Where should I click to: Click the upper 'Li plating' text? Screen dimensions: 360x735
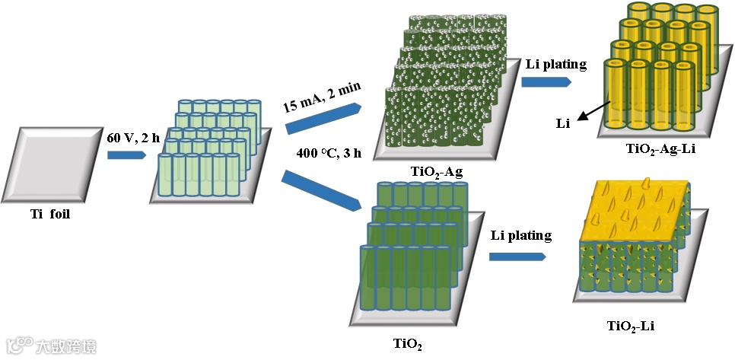click(x=555, y=64)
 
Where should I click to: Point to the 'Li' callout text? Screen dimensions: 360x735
click(x=565, y=120)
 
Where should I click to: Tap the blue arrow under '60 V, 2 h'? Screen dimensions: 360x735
click(x=126, y=155)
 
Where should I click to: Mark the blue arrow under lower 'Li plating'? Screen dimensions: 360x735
click(x=520, y=256)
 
